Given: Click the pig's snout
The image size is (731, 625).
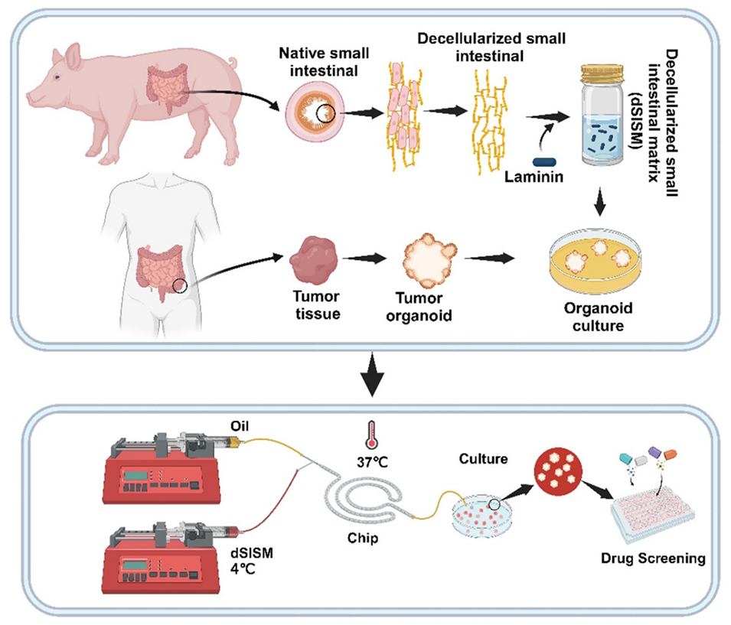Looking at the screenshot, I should coord(31,97).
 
